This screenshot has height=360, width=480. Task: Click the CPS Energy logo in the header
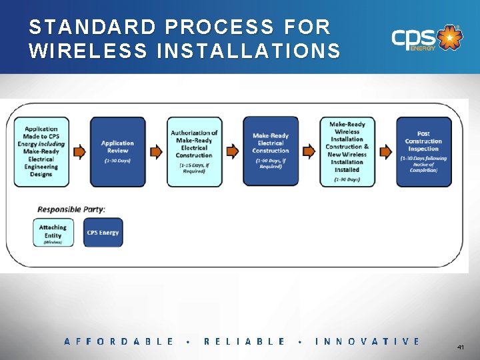(425, 39)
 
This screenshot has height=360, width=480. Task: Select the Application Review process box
(117, 151)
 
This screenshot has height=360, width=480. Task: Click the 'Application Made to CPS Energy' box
(41, 151)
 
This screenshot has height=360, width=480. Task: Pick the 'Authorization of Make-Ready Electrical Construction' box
(194, 151)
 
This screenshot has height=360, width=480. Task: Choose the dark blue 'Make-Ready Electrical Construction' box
(270, 151)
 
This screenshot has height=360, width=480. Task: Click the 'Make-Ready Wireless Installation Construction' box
(347, 151)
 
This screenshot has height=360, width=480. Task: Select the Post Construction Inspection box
(423, 151)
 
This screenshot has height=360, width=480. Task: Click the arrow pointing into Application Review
(79, 151)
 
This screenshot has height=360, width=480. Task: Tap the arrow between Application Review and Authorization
(156, 151)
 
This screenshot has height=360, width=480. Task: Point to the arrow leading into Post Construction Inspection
(385, 151)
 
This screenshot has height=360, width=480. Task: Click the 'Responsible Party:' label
(70, 209)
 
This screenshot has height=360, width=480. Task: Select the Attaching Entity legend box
(53, 232)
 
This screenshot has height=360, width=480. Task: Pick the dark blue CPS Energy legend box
(103, 232)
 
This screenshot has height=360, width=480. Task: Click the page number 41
(461, 348)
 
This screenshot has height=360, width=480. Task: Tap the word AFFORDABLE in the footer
(119, 341)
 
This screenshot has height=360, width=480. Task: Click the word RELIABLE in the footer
(245, 341)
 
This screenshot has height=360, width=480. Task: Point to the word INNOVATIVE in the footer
(367, 341)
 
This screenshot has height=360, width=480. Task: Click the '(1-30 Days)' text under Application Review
(117, 161)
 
